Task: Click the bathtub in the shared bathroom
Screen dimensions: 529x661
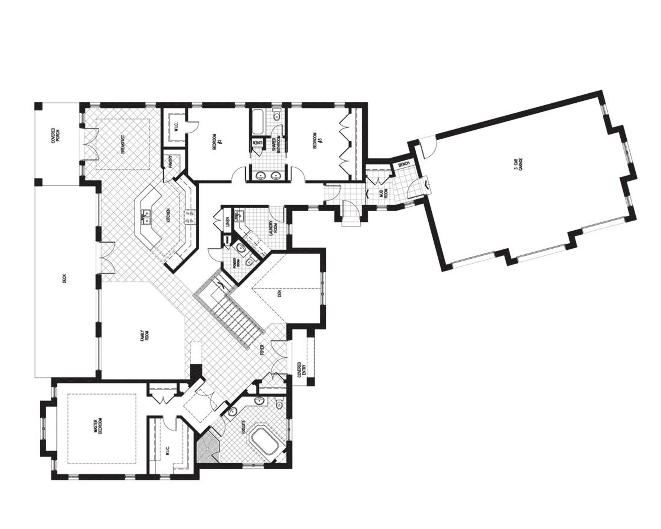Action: point(258,122)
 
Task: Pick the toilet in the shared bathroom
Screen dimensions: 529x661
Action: point(277,115)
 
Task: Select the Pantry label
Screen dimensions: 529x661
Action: point(171,162)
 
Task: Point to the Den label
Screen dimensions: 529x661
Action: point(279,294)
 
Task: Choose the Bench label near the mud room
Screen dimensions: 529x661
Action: point(404,164)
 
